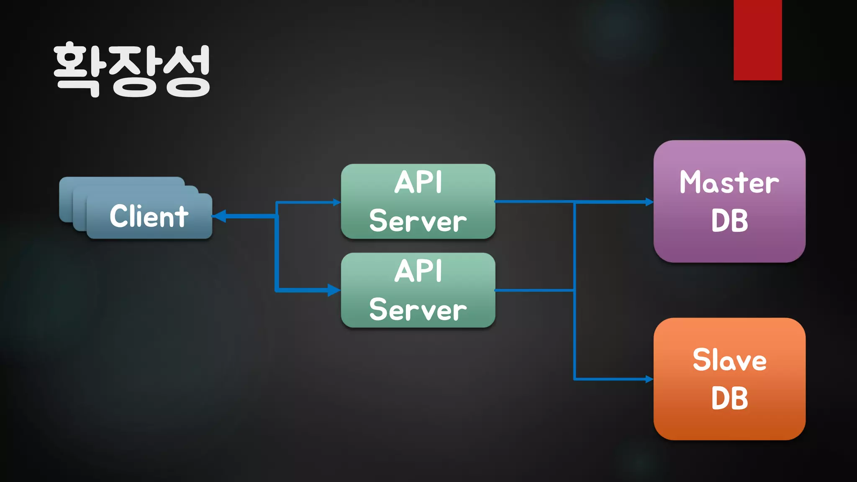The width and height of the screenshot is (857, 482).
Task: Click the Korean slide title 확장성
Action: pyautogui.click(x=132, y=70)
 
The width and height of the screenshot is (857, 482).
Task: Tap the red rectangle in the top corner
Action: pyautogui.click(x=757, y=40)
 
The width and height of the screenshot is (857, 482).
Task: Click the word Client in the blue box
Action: pyautogui.click(x=149, y=216)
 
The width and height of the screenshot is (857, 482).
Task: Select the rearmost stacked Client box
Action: pyautogui.click(x=121, y=182)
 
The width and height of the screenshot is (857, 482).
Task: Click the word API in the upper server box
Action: pyautogui.click(x=418, y=182)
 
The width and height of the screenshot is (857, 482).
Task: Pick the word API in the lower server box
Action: pyautogui.click(x=418, y=271)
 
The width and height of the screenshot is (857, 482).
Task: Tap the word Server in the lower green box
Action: pyautogui.click(x=418, y=310)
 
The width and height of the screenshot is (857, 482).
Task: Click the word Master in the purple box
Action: pyautogui.click(x=729, y=182)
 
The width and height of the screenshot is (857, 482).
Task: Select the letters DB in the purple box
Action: pyautogui.click(x=729, y=220)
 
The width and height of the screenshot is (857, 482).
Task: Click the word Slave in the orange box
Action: pyautogui.click(x=729, y=360)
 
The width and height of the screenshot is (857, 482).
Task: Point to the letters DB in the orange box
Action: pyautogui.click(x=729, y=398)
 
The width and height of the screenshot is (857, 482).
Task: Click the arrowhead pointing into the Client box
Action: pyautogui.click(x=220, y=216)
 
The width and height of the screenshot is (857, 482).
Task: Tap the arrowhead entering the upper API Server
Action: pyautogui.click(x=336, y=203)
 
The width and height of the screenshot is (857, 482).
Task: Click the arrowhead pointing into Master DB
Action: pyautogui.click(x=649, y=202)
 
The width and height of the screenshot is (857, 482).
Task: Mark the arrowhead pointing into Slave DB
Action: pyautogui.click(x=649, y=379)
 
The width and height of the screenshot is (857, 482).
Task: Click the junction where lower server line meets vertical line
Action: pyautogui.click(x=575, y=290)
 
